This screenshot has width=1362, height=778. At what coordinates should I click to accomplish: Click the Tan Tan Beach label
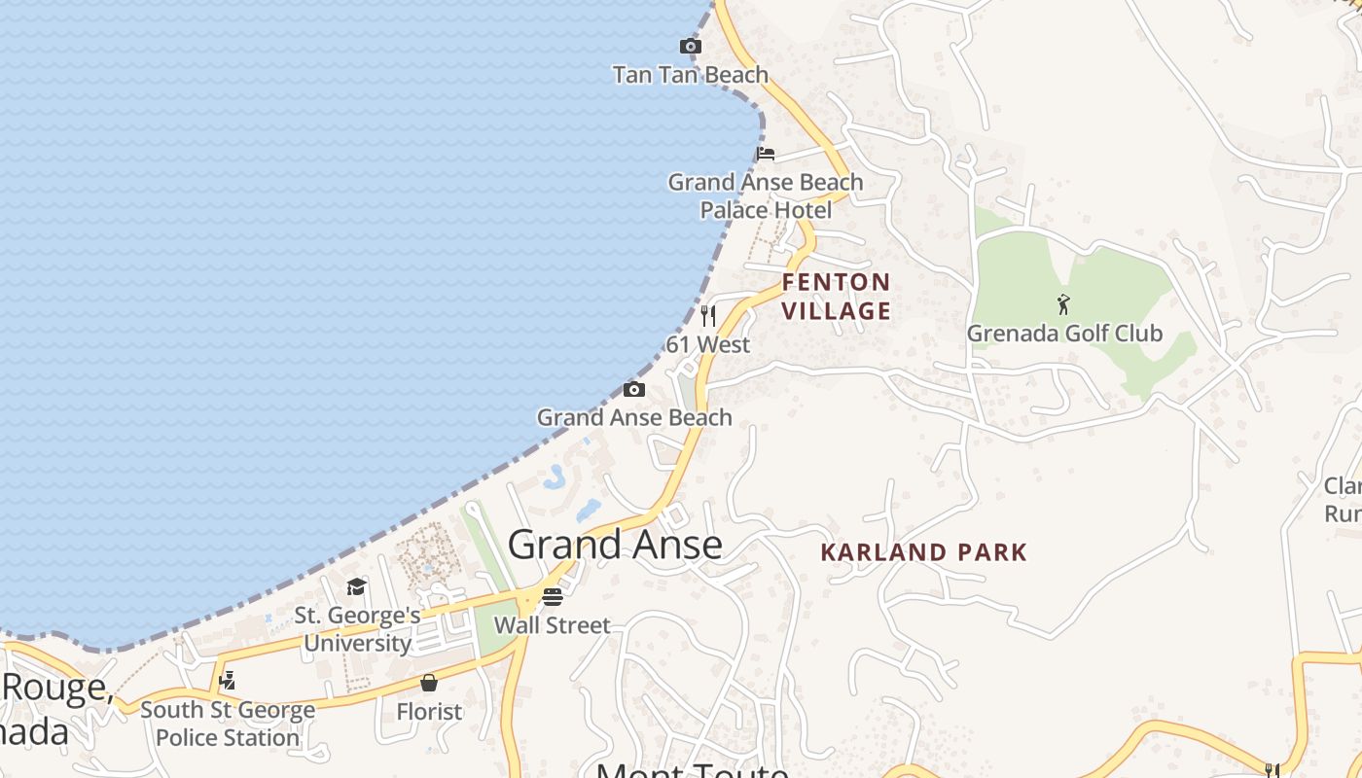coord(690,75)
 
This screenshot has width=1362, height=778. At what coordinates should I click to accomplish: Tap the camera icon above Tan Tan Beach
coord(690,46)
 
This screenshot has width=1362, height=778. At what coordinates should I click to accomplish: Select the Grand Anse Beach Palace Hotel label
coord(766,195)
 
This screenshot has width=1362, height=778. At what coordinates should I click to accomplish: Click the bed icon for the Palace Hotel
coord(766,154)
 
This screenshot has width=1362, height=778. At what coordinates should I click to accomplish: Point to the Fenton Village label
coord(837,297)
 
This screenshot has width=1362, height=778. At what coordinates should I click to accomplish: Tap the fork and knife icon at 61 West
coord(708,315)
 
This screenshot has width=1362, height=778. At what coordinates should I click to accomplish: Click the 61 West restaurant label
coord(708,344)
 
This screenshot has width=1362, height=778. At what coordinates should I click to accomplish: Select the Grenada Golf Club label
coord(1064,334)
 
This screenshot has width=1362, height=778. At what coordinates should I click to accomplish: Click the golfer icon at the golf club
coord(1063,304)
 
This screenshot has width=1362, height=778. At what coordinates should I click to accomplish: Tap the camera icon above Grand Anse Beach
coord(634,390)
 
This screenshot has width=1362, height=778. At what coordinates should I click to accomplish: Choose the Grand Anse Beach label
coord(634,417)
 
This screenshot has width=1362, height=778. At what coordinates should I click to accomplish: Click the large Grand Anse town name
coord(615,545)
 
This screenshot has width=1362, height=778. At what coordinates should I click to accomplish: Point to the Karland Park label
coord(923,552)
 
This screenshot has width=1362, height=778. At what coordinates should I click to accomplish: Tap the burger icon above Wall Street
coord(553,596)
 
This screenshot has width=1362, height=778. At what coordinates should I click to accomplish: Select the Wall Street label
coord(553,625)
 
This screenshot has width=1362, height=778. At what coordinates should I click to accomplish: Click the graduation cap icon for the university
coord(357,586)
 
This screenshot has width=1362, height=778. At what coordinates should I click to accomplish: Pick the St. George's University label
coord(358,629)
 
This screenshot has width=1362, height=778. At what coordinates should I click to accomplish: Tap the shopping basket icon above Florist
coord(429,683)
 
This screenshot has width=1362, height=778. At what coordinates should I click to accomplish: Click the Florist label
coord(429,712)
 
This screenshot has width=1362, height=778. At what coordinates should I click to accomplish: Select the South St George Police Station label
coord(228,724)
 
